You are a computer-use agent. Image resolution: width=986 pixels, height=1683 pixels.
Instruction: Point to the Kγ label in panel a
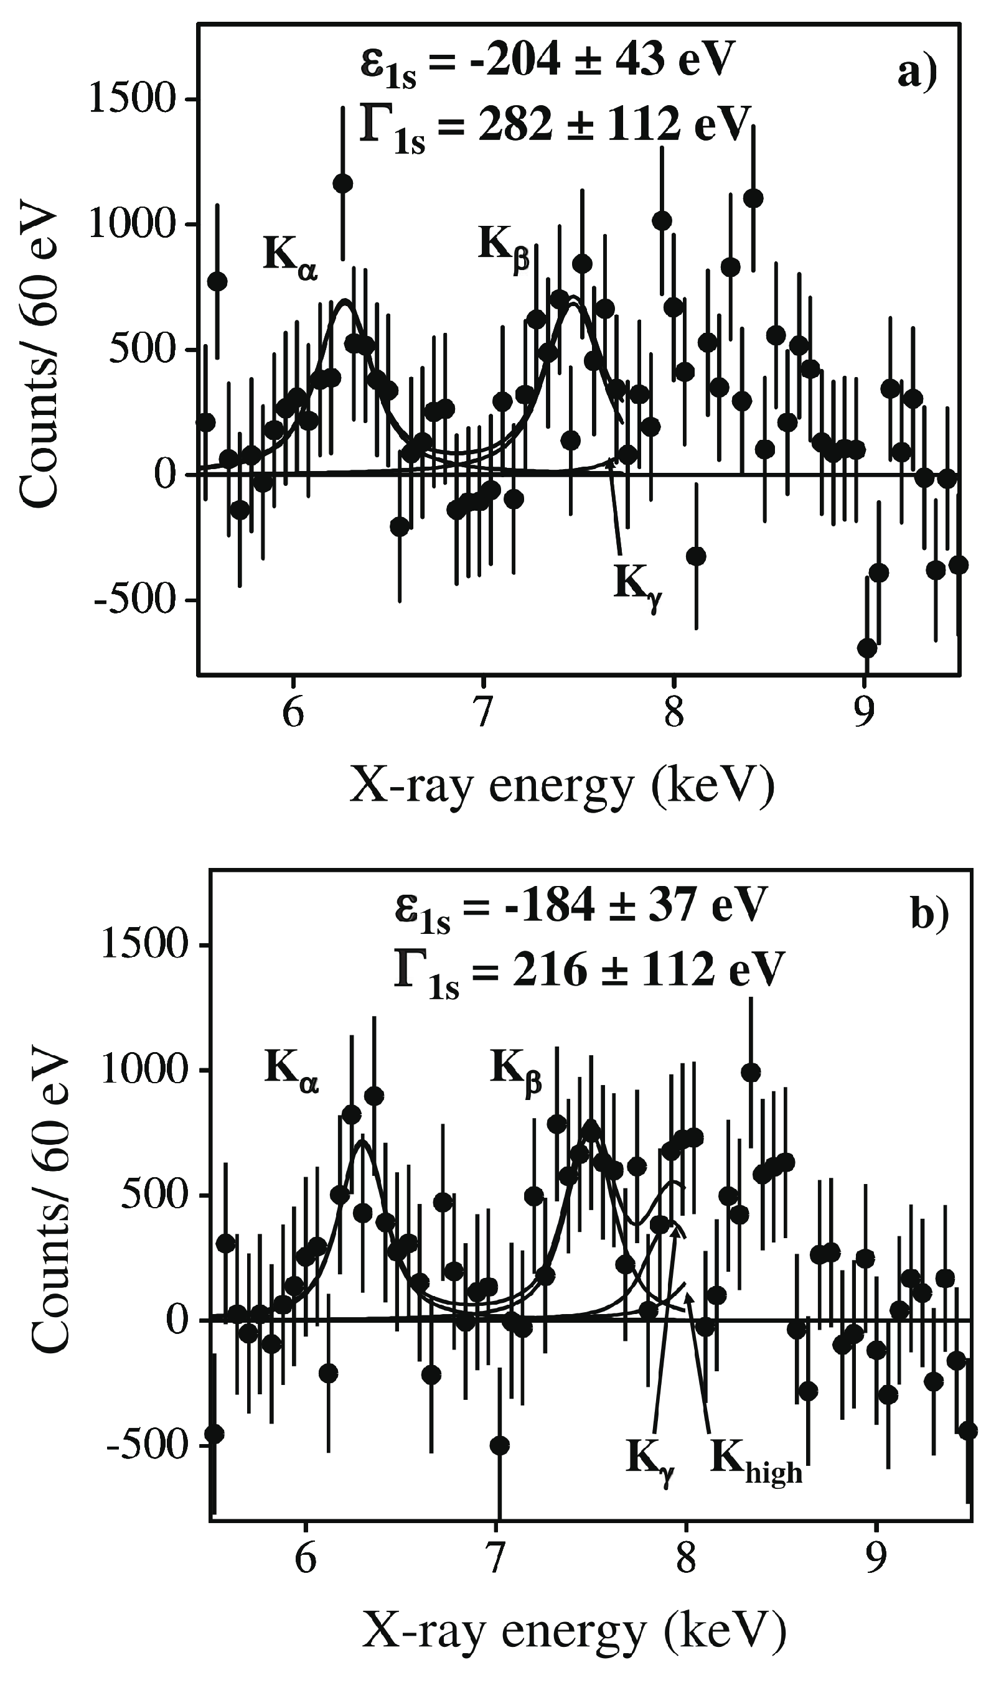click(637, 586)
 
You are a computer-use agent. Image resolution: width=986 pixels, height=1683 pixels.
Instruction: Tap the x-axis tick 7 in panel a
click(483, 713)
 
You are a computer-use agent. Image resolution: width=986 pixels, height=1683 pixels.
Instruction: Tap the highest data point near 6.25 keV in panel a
click(343, 183)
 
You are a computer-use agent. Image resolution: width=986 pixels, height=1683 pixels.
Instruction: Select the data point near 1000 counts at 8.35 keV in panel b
click(751, 1073)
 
